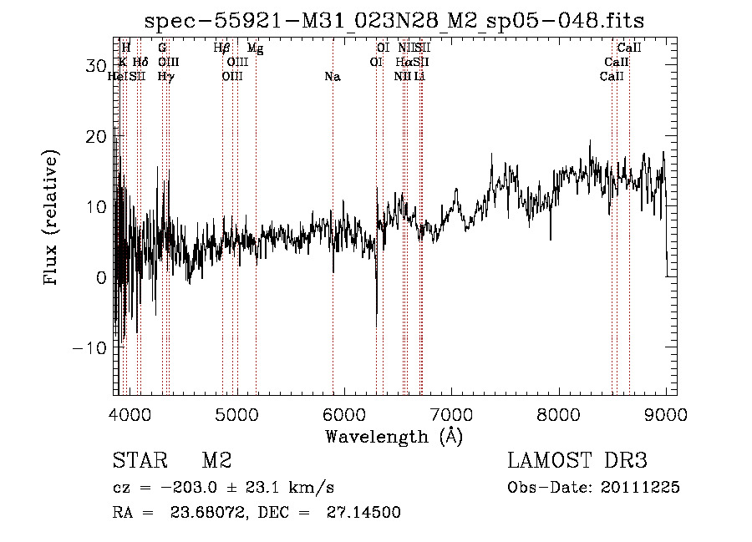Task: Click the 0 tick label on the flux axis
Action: [100, 277]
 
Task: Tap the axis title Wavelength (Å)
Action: [394, 436]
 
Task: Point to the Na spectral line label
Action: [333, 77]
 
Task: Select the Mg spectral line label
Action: [255, 48]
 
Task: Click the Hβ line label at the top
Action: [221, 48]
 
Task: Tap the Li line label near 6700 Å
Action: [419, 77]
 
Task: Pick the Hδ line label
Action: [140, 63]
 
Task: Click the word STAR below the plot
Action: [137, 461]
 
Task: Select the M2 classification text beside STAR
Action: [216, 461]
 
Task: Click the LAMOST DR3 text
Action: [577, 461]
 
